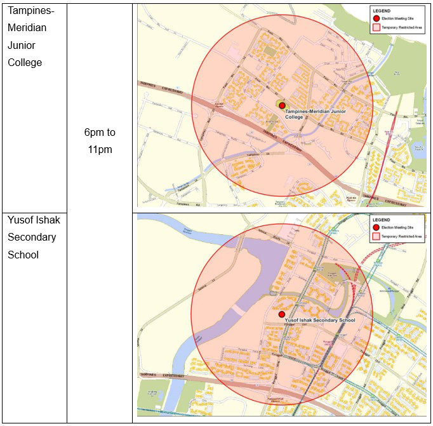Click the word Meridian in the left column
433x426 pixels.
pos(27,28)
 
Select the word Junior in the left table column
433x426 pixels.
pos(22,45)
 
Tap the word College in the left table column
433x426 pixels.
pos(25,62)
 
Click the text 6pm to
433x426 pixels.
pos(100,133)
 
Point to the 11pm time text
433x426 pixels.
pos(100,150)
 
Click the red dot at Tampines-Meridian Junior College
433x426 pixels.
pos(282,106)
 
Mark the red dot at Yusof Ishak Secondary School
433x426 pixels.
pos(281,314)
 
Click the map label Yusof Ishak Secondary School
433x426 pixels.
pos(320,321)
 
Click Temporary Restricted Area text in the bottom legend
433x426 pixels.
pos(401,237)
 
